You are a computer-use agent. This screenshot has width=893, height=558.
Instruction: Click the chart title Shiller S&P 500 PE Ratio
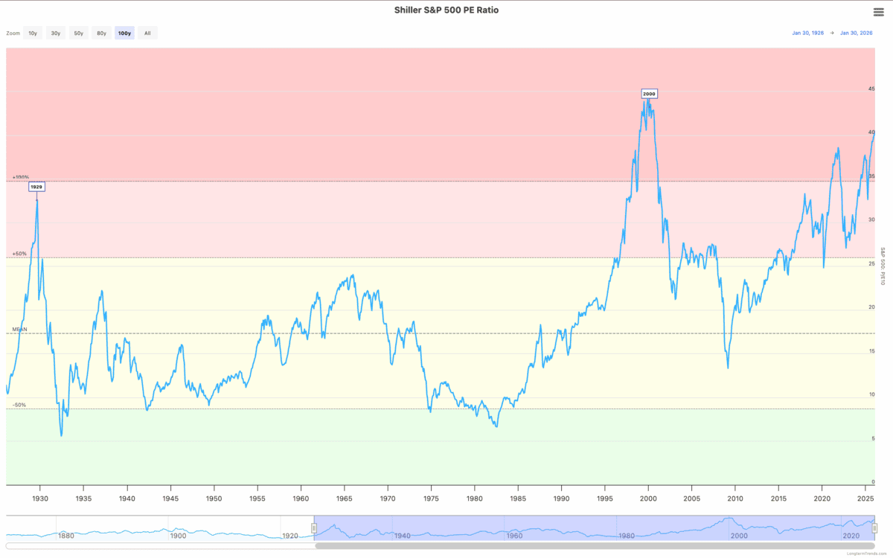coord(446,10)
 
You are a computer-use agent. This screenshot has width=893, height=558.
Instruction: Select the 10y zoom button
coord(33,33)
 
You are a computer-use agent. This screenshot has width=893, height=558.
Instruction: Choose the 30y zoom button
coord(55,33)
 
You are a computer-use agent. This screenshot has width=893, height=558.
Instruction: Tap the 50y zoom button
coord(78,33)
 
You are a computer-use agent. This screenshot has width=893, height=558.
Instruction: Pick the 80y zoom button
coord(101,33)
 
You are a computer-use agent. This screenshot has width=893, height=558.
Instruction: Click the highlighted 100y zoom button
coord(124,33)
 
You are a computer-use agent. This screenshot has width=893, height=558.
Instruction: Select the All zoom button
coord(147,33)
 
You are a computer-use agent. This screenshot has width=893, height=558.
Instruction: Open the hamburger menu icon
coord(878,11)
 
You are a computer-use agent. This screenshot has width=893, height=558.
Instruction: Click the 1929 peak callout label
coord(36,187)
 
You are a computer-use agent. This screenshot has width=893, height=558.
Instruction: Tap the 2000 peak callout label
coord(649,94)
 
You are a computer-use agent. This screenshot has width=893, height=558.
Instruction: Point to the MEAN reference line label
coord(19,329)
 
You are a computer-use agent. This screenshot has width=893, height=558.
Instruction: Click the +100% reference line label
coord(20,177)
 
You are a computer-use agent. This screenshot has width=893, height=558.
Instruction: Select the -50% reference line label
coord(19,405)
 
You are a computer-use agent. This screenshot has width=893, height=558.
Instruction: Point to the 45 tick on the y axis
coord(871,89)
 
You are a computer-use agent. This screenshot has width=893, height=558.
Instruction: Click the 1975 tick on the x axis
coord(431,498)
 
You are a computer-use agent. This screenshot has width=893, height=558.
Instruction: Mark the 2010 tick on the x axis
coord(735,498)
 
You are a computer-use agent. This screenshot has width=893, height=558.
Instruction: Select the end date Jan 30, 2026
coord(857,33)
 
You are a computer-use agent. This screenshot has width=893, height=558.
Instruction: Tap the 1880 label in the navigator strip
coord(65,536)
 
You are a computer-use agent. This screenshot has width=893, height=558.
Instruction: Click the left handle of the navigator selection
coord(314,528)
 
